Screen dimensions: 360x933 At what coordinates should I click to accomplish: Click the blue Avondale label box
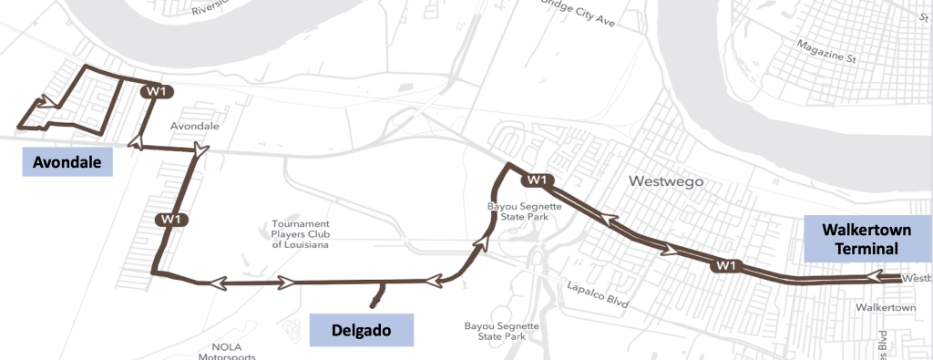pyautogui.click(x=66, y=162)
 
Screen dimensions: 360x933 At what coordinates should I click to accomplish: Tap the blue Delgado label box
pyautogui.click(x=362, y=330)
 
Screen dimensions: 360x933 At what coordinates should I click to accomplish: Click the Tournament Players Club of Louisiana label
pyautogui.click(x=300, y=234)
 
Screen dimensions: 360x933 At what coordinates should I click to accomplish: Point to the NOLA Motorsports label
pyautogui.click(x=228, y=352)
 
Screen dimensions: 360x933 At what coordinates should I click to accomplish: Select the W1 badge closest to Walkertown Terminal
pyautogui.click(x=725, y=265)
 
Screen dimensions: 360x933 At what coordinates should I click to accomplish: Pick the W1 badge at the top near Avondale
pyautogui.click(x=156, y=91)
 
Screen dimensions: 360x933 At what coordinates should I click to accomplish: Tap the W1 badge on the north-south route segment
pyautogui.click(x=172, y=220)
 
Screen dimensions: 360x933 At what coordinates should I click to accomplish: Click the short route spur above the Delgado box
pyautogui.click(x=377, y=294)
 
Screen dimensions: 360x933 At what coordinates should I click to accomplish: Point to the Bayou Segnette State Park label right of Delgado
pyautogui.click(x=501, y=330)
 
